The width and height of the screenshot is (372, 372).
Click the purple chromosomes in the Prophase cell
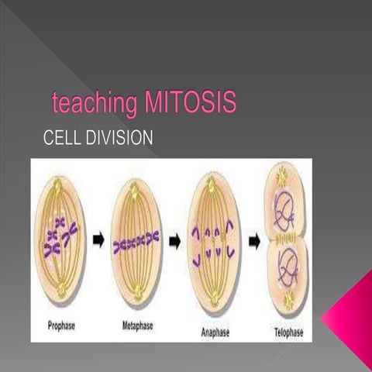coord(61,236)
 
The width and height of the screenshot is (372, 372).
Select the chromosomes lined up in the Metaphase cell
coord(136,246)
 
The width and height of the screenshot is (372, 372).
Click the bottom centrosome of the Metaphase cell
coord(136,294)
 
